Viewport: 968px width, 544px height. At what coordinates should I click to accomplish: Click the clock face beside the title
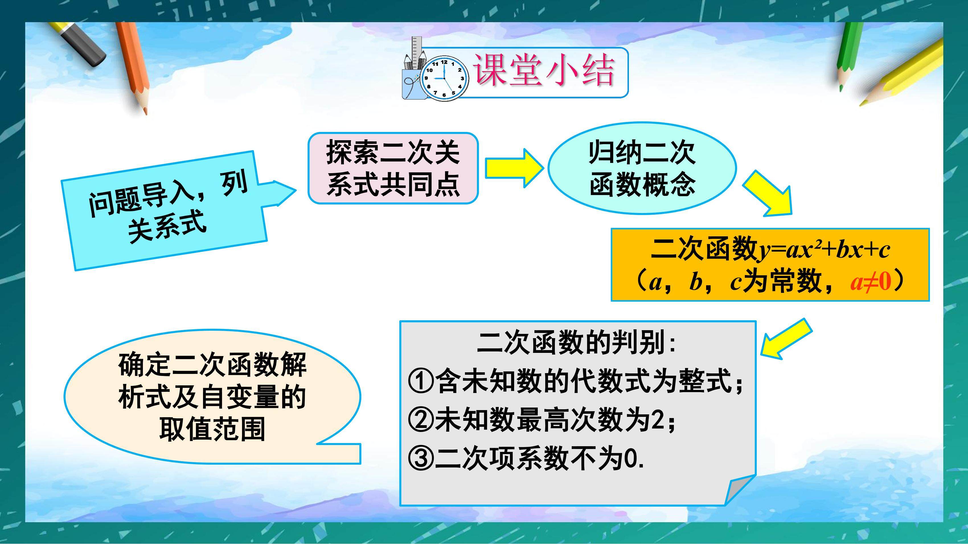tap(444, 78)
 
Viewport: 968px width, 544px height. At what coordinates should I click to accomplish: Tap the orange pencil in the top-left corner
tap(132, 68)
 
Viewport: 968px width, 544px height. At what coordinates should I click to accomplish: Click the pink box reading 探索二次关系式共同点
tap(393, 168)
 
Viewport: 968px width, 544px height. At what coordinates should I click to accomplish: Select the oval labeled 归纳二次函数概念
tap(642, 168)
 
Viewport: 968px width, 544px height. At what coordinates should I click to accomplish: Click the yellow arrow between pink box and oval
tap(514, 168)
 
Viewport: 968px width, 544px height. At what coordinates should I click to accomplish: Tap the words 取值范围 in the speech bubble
tap(212, 429)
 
